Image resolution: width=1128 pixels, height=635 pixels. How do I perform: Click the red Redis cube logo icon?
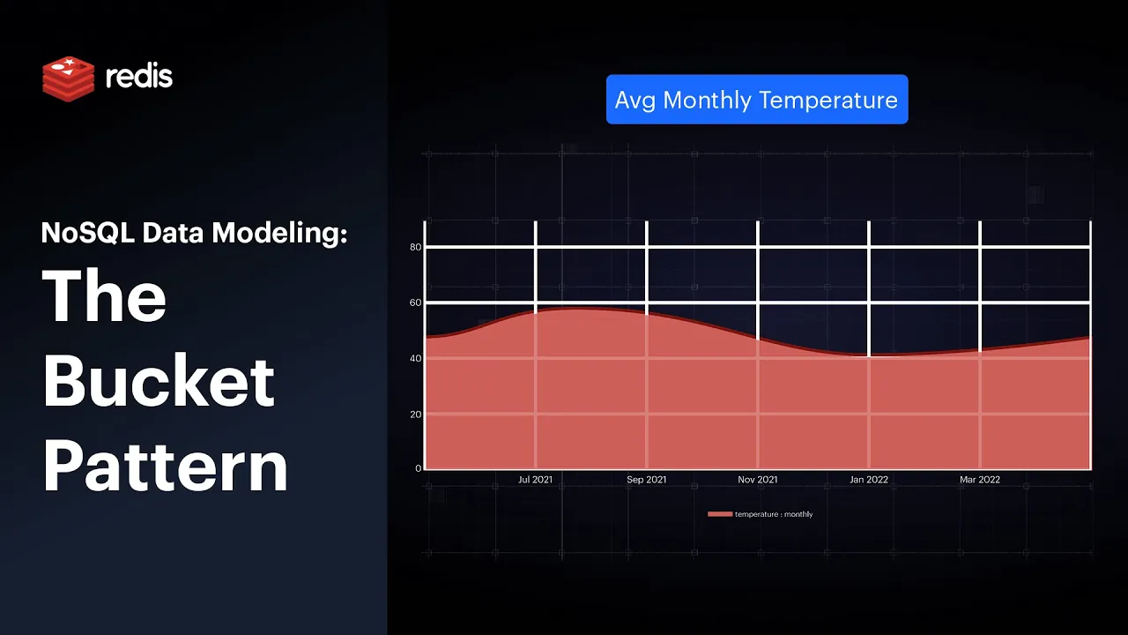point(69,78)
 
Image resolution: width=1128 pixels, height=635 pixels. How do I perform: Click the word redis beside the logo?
point(139,77)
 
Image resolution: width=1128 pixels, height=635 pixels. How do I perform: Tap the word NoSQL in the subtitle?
point(88,233)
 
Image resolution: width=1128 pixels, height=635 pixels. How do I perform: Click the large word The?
point(104,295)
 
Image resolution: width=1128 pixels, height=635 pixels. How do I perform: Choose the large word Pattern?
point(166,466)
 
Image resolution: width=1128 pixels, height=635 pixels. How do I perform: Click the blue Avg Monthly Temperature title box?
point(757,100)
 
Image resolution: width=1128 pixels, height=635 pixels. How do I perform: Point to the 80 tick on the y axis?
point(415,247)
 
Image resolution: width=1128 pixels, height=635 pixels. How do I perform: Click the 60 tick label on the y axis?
point(415,303)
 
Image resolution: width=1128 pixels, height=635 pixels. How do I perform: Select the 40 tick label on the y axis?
point(415,358)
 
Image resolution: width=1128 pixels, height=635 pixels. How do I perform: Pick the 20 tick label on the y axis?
point(415,415)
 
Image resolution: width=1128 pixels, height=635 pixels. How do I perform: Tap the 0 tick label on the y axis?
point(418,468)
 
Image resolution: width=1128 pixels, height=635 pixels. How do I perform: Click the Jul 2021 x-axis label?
point(535,479)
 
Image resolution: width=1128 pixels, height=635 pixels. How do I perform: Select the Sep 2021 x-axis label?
point(647,479)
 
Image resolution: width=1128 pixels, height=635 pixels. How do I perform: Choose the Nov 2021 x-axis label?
point(757,479)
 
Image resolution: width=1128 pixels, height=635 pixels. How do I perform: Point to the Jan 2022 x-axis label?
point(869,479)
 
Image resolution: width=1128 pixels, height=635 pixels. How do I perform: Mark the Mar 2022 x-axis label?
point(980,479)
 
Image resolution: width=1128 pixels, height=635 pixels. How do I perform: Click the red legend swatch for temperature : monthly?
point(720,514)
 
